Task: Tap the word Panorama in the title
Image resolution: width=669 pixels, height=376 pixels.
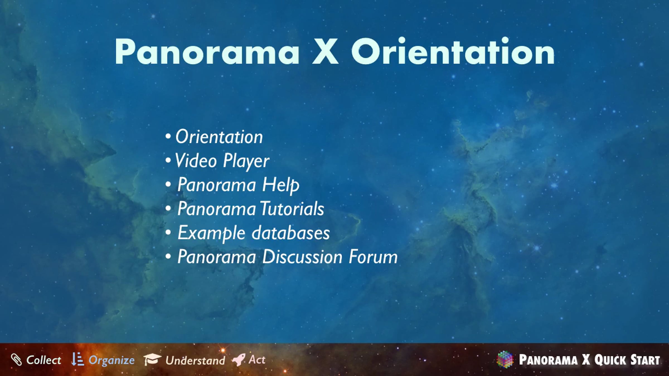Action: [x=207, y=52]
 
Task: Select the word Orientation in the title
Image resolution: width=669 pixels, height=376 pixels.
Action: [x=453, y=51]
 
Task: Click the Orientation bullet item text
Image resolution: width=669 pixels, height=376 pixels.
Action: [x=219, y=137]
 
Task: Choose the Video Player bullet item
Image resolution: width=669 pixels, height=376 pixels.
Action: [x=222, y=161]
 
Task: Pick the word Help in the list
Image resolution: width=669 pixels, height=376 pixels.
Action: [x=281, y=185]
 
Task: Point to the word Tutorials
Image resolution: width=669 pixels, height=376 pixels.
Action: [x=292, y=209]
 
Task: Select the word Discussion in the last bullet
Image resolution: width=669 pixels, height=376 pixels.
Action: [x=302, y=257]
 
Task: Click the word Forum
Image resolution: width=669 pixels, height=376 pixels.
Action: [x=373, y=257]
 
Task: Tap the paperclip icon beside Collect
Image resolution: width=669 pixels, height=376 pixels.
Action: [x=16, y=360]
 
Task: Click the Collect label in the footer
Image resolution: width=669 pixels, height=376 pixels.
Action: [x=43, y=360]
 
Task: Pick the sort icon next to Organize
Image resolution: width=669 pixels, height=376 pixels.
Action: [x=77, y=359]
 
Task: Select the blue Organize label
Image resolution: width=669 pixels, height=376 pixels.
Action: [x=111, y=361]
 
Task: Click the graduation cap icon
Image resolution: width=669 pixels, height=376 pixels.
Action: [x=152, y=359]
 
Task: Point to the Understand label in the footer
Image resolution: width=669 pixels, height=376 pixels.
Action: [x=195, y=360]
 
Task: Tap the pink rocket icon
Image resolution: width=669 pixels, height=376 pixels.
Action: [x=239, y=360]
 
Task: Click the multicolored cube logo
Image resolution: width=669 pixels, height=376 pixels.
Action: [x=505, y=360]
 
